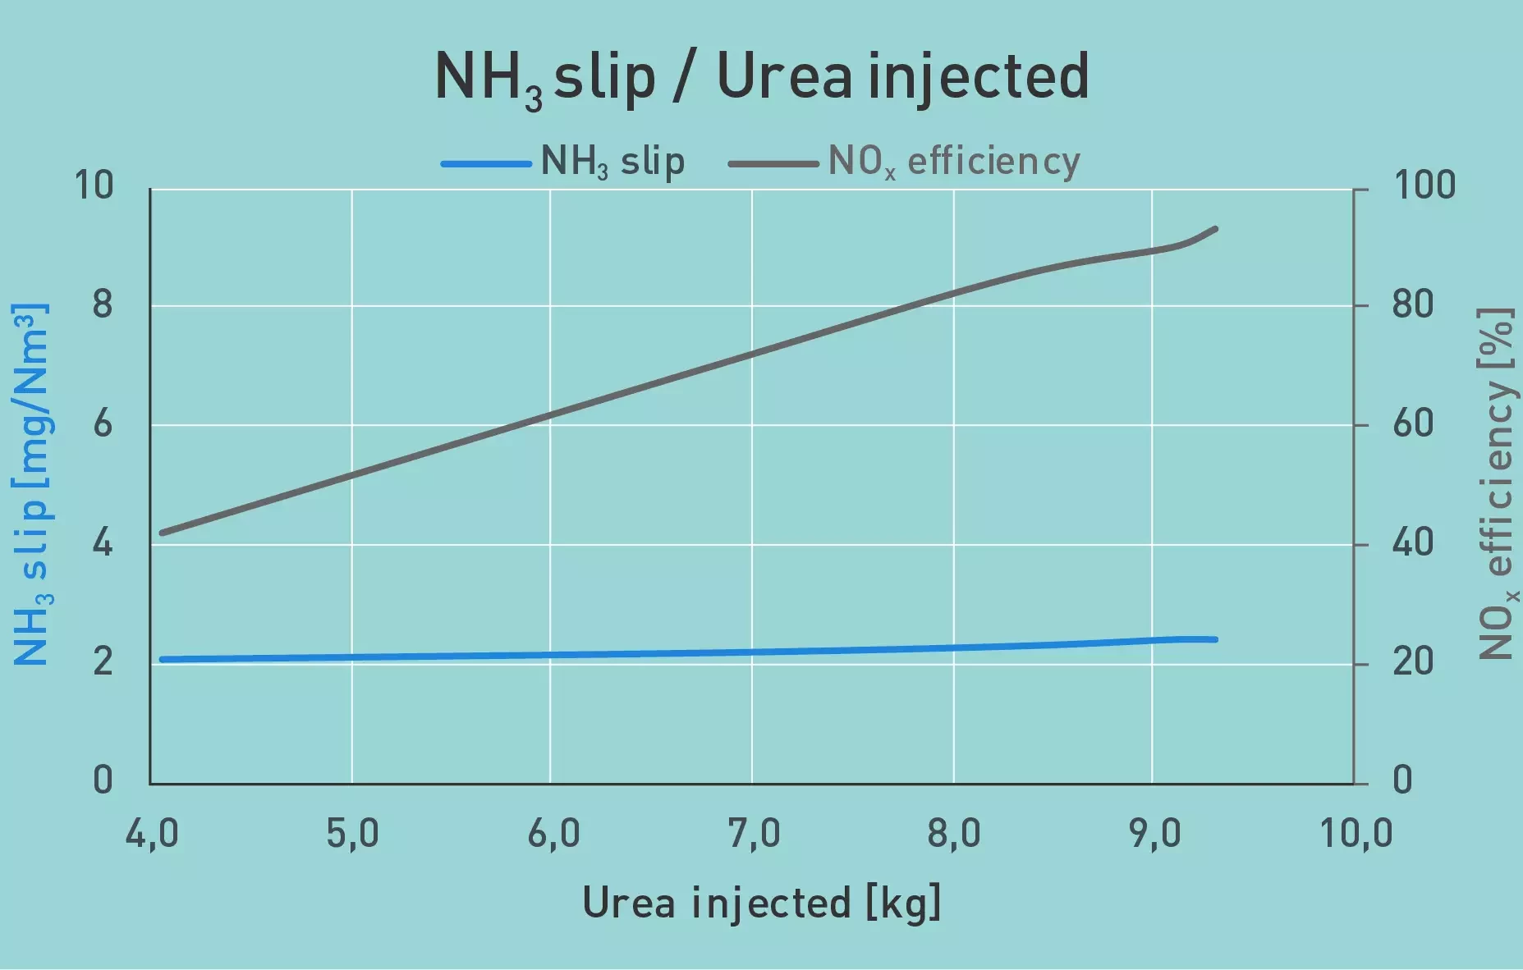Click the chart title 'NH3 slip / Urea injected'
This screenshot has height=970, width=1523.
click(761, 76)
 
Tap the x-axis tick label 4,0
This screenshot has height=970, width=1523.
click(152, 834)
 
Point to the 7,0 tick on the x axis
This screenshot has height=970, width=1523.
click(754, 834)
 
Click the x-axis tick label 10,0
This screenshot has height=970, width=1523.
click(1356, 834)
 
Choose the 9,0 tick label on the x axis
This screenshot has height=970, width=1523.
click(1154, 834)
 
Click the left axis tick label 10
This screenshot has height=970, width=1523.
click(94, 185)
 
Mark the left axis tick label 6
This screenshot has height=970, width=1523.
click(102, 424)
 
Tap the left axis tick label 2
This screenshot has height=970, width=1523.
click(102, 661)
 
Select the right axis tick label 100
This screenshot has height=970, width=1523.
click(1424, 185)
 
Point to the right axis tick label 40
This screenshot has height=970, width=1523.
click(1413, 543)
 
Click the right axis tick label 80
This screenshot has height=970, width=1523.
click(1413, 305)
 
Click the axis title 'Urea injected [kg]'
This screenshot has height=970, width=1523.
click(761, 904)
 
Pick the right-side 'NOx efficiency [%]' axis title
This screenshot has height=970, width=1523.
click(1496, 484)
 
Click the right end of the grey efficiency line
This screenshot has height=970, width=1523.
click(1215, 229)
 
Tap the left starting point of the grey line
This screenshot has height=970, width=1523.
click(162, 533)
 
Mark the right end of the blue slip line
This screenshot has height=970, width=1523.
click(1215, 639)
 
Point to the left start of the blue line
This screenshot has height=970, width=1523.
click(162, 659)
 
